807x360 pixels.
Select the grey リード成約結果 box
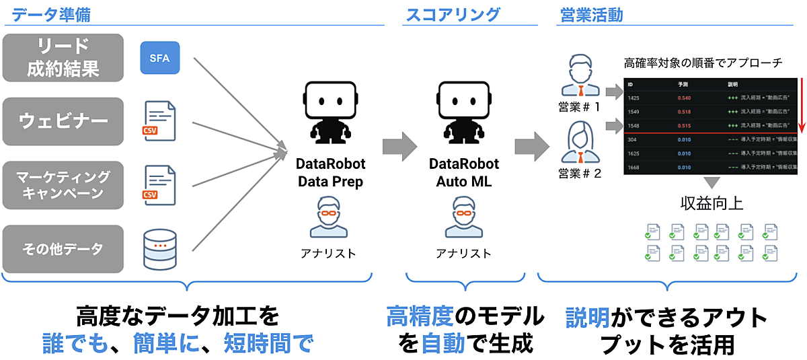pos(63,57)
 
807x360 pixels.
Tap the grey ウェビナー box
pos(63,121)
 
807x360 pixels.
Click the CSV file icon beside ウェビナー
pos(159,121)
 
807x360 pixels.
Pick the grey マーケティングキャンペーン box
pos(63,185)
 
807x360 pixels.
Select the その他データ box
pos(63,249)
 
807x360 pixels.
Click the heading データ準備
pos(51,13)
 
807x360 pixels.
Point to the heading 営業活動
pos(592,13)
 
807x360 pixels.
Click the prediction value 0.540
pos(685,98)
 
